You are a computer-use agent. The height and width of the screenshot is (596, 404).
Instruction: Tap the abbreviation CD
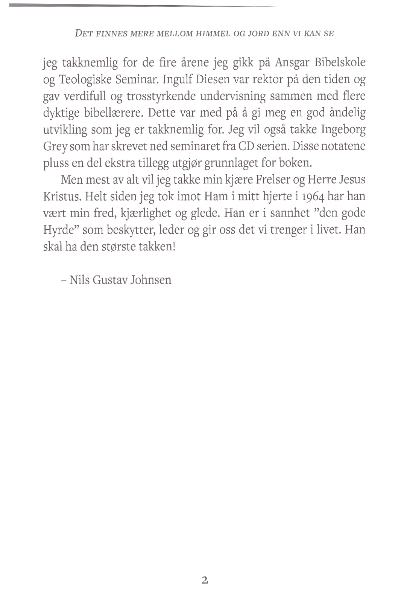pyautogui.click(x=238, y=146)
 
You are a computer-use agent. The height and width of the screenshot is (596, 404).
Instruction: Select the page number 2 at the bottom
pyautogui.click(x=204, y=580)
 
